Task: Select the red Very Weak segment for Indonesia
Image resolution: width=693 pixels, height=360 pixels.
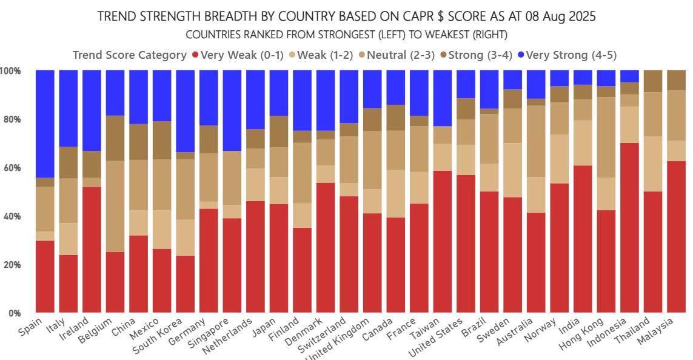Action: tap(631, 228)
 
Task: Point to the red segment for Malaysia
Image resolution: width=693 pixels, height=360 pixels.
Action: tap(677, 237)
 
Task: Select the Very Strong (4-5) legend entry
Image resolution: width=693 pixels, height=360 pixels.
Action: tap(571, 55)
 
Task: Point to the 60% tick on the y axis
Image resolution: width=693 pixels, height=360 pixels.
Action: tap(13, 168)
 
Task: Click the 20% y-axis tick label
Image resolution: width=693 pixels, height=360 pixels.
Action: tap(13, 265)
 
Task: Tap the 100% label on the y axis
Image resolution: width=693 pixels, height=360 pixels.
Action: tap(11, 71)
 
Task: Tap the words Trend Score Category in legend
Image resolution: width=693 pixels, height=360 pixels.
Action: tap(129, 55)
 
